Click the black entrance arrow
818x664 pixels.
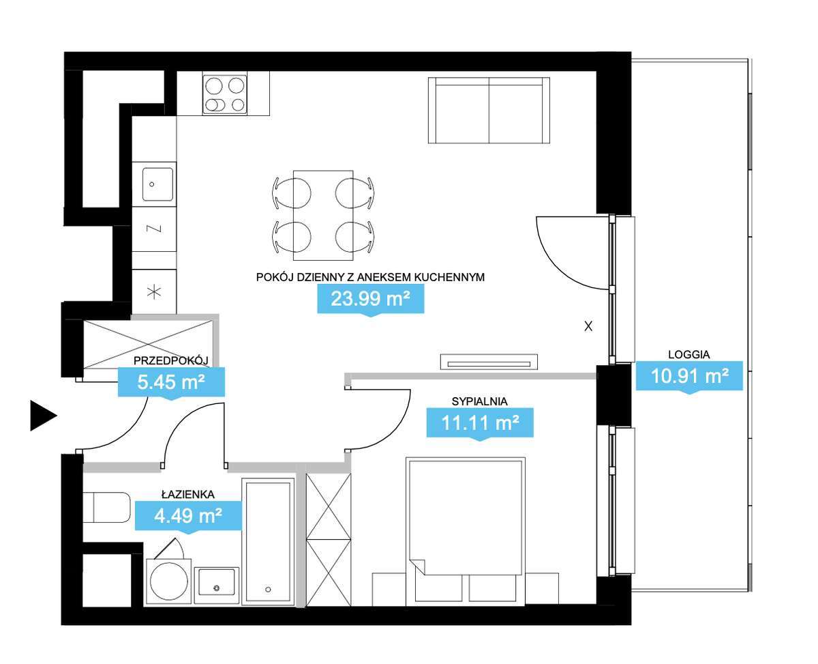(x=42, y=416)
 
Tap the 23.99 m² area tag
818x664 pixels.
(x=370, y=298)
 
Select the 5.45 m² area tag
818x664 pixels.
(x=171, y=381)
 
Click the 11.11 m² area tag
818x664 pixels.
(x=479, y=422)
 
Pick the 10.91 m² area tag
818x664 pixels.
(x=688, y=375)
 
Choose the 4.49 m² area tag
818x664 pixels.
(x=188, y=515)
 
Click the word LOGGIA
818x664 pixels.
(x=688, y=354)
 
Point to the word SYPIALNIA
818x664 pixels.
(x=480, y=401)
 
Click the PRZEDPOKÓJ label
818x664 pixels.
(x=170, y=360)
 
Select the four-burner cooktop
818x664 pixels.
(x=224, y=94)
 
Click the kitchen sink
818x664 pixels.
(x=157, y=184)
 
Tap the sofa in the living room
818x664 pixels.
(x=489, y=111)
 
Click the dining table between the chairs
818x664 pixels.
(x=323, y=215)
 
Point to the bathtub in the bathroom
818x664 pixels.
(x=269, y=541)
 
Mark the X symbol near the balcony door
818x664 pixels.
(x=588, y=327)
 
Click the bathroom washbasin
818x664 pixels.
(x=217, y=585)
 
